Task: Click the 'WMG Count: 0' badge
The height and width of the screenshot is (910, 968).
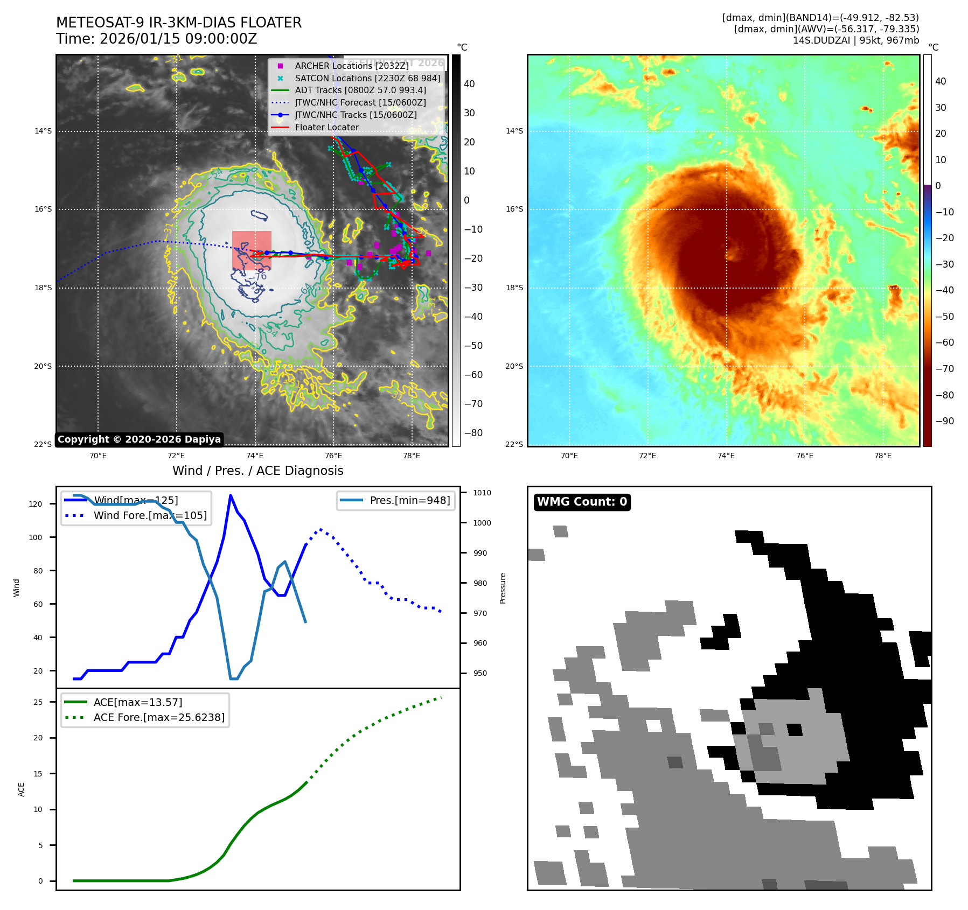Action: click(582, 502)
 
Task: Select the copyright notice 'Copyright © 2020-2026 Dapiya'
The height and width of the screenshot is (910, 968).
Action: click(139, 439)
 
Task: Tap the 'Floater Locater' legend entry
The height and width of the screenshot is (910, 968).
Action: click(326, 128)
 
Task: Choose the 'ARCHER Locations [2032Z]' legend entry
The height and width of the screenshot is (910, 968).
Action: click(351, 66)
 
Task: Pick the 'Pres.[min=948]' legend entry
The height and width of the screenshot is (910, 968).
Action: click(409, 500)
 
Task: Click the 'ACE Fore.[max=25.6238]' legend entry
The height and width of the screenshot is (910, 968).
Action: click(159, 717)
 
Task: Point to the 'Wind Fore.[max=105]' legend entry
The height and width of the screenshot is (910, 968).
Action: click(150, 515)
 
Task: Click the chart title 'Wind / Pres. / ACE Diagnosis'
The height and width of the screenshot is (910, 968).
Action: click(257, 471)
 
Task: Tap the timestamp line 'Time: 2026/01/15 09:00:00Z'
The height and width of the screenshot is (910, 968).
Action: click(156, 39)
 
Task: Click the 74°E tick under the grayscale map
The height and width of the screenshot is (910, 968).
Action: click(255, 456)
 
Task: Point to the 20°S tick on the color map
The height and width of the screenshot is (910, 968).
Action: click(514, 366)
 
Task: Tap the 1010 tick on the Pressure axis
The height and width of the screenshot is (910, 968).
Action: click(482, 493)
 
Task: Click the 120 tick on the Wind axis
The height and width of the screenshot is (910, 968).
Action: click(36, 504)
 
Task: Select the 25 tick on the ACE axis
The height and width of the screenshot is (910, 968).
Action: click(38, 702)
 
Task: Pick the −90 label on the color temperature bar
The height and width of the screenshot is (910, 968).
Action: click(944, 421)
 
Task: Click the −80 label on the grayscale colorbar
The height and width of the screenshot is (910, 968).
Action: click(473, 433)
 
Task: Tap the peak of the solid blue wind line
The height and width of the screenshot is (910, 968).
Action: click(231, 495)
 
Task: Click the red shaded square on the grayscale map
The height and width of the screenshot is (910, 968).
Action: click(252, 250)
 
